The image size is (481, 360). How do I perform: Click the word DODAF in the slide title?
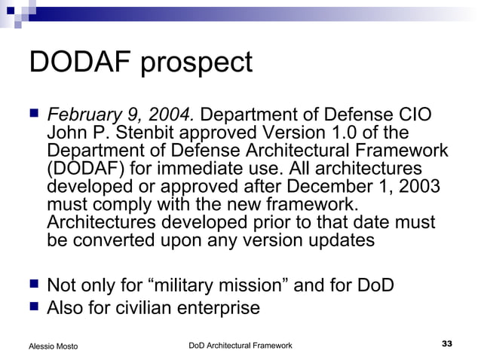pyautogui.click(x=78, y=63)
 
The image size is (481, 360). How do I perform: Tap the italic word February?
pyautogui.click(x=82, y=117)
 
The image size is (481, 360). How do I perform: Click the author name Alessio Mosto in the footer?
pyautogui.click(x=53, y=346)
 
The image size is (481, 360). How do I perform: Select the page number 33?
pyautogui.click(x=446, y=344)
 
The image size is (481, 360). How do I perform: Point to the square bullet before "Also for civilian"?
pyautogui.click(x=32, y=307)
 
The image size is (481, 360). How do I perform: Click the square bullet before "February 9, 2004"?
pyautogui.click(x=32, y=115)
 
